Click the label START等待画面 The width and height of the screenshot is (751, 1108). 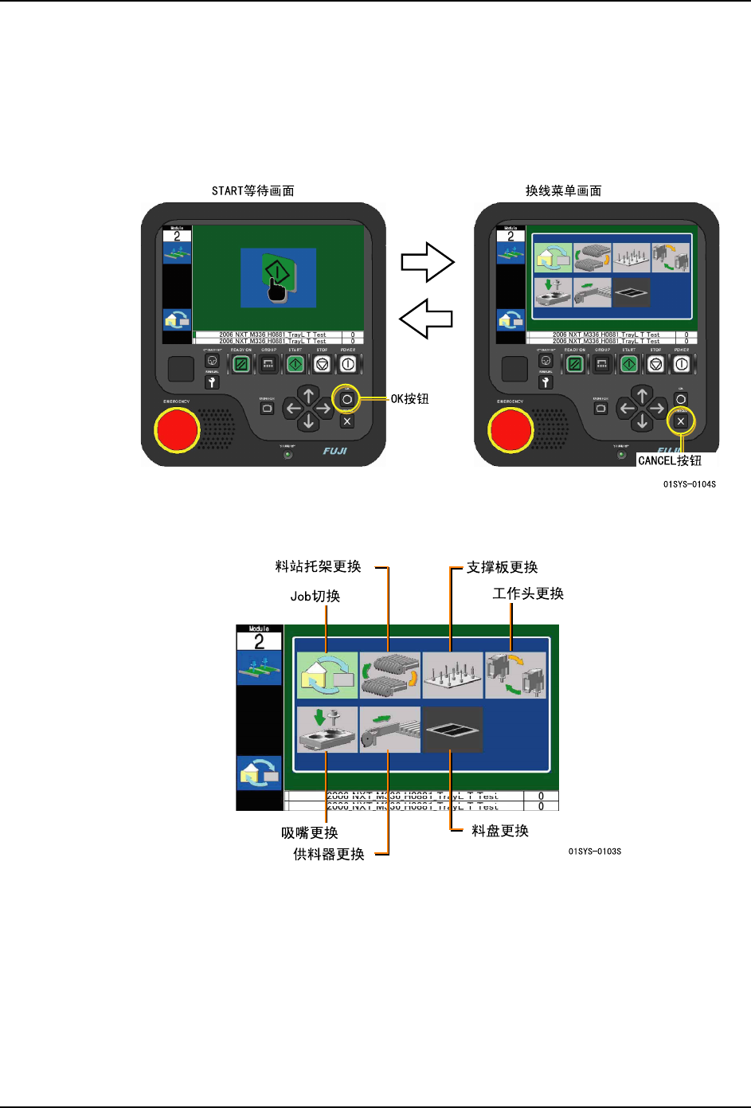pyautogui.click(x=252, y=191)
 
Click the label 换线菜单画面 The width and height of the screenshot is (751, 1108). pyautogui.click(x=563, y=191)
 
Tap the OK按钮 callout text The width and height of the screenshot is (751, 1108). pyautogui.click(x=409, y=399)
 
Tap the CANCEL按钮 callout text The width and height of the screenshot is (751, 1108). pyautogui.click(x=670, y=460)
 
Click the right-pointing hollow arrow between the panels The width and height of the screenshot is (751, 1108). pyautogui.click(x=428, y=262)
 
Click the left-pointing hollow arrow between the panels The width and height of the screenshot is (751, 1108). pyautogui.click(x=426, y=319)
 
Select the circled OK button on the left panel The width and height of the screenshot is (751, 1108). pyautogui.click(x=347, y=399)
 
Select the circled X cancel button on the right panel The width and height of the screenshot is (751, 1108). pyautogui.click(x=680, y=421)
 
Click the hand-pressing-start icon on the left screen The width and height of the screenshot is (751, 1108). pyautogui.click(x=278, y=278)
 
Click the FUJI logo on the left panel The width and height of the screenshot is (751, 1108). pyautogui.click(x=335, y=451)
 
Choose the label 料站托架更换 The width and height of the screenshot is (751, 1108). pyautogui.click(x=319, y=566)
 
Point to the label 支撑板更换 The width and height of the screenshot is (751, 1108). pyautogui.click(x=502, y=567)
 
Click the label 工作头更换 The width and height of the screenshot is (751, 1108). pyautogui.click(x=528, y=593)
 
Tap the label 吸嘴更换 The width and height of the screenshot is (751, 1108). pyautogui.click(x=310, y=832)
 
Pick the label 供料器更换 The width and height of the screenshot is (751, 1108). pyautogui.click(x=329, y=854)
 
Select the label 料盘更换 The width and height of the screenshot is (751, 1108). pyautogui.click(x=500, y=831)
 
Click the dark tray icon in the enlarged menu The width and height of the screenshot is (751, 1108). pyautogui.click(x=452, y=730)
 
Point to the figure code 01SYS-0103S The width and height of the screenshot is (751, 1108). pyautogui.click(x=595, y=852)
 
